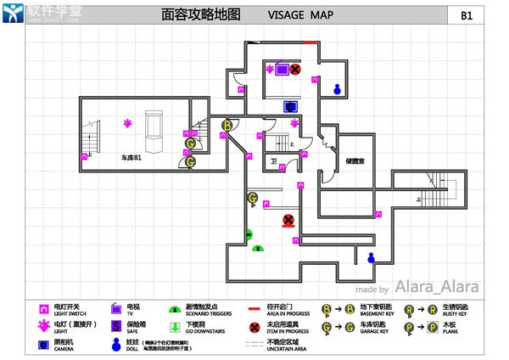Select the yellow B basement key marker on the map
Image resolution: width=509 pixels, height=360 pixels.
coord(227,126)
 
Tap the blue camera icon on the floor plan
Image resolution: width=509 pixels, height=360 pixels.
coord(290,107)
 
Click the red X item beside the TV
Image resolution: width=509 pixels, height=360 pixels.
coord(295,70)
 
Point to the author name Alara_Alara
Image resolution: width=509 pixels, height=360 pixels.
coord(437,287)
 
